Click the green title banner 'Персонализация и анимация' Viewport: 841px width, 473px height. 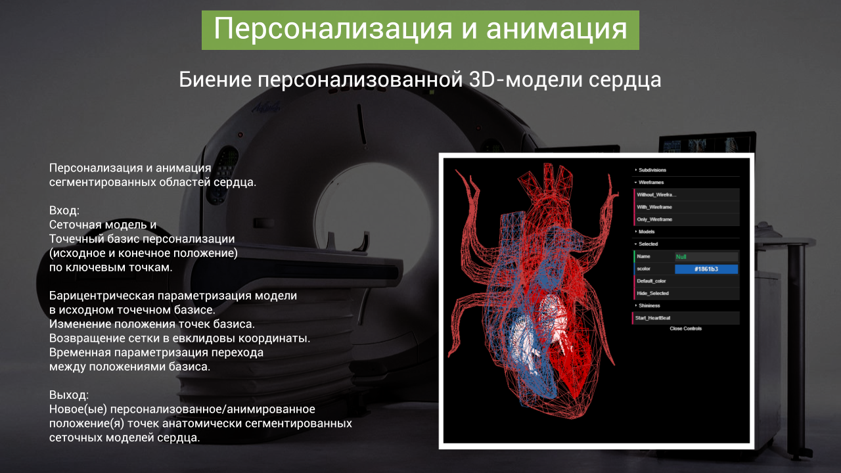(420, 30)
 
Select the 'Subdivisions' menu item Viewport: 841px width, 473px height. (652, 170)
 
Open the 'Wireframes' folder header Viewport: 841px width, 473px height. (651, 183)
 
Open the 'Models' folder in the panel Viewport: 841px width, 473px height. (646, 232)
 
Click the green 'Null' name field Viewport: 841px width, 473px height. (706, 257)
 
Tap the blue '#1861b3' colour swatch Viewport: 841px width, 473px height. (706, 269)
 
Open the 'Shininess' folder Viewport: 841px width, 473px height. (649, 305)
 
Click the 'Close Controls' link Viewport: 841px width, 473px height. (685, 329)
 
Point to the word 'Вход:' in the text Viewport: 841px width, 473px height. (64, 211)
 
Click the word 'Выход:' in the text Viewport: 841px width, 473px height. (69, 395)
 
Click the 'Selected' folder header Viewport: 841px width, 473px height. (648, 244)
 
